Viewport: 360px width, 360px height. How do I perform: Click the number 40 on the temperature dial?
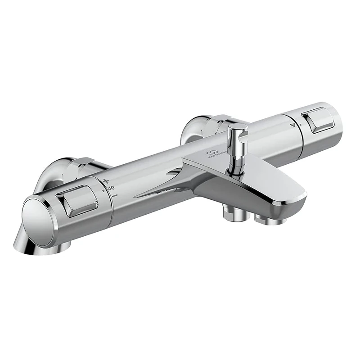pyautogui.click(x=111, y=187)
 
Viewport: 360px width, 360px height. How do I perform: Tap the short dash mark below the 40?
pyautogui.click(x=116, y=196)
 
